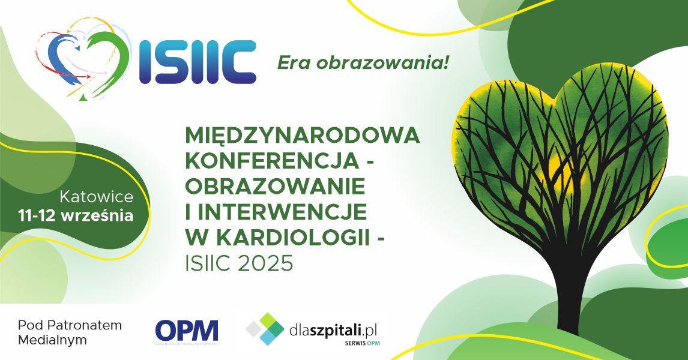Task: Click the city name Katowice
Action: pyautogui.click(x=97, y=197)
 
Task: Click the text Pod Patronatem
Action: pyautogui.click(x=70, y=325)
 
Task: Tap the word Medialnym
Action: pyautogui.click(x=52, y=340)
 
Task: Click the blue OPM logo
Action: pyautogui.click(x=187, y=331)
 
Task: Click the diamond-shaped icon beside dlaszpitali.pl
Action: pyautogui.click(x=265, y=329)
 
